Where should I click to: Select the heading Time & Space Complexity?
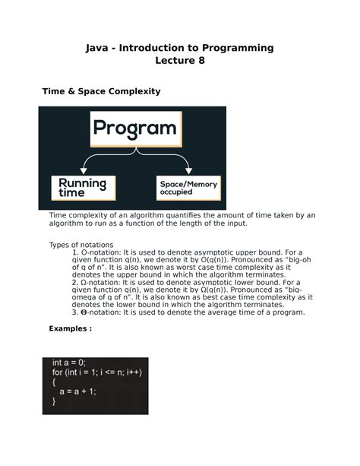pos(100,91)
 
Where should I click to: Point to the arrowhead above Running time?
pos(81,170)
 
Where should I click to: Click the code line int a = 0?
pos(69,363)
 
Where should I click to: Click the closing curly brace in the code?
pos(54,402)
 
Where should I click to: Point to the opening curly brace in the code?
pos(54,383)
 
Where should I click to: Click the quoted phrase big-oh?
pos(289,260)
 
